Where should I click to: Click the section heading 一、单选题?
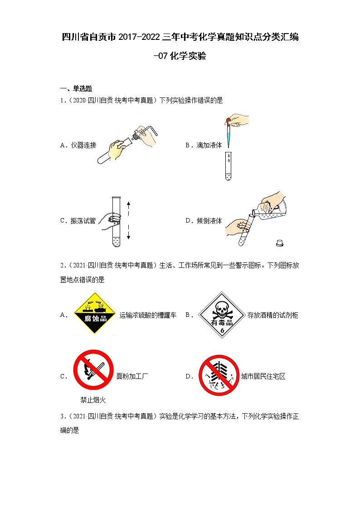coord(76,88)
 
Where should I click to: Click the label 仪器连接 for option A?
coord(83,145)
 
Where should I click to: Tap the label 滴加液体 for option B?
coord(209,145)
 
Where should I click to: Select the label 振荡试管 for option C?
coord(83,221)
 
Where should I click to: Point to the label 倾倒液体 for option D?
coord(209,221)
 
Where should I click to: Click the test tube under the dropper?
coord(229,165)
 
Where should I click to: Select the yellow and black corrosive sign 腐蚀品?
coord(95,313)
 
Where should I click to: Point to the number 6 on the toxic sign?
coord(222,330)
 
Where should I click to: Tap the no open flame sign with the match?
coord(93,370)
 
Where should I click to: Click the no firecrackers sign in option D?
coord(219,375)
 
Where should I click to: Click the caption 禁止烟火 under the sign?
coord(93,400)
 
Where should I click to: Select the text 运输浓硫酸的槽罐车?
coord(148,315)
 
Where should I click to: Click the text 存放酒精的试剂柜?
coord(272,315)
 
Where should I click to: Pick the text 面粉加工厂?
coord(132,376)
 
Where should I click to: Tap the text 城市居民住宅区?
coord(263,376)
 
